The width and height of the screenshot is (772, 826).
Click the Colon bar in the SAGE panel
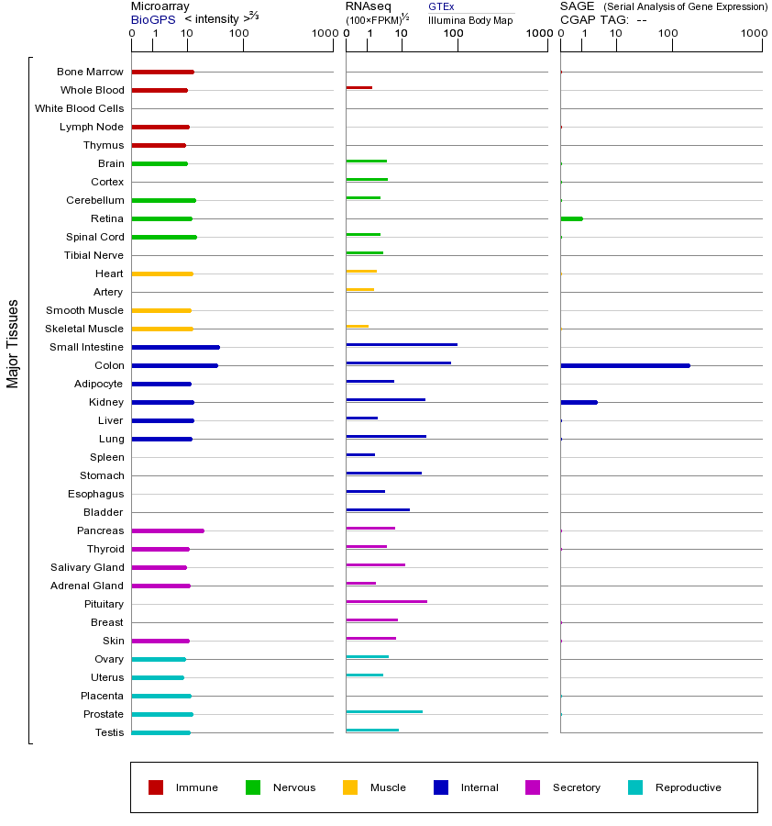pos(624,365)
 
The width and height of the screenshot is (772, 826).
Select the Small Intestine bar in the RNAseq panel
pos(402,344)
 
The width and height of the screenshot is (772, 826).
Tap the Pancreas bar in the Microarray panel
pos(168,530)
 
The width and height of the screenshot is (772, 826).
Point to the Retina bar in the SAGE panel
pos(571,218)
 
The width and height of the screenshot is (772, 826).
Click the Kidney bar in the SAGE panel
pos(579,402)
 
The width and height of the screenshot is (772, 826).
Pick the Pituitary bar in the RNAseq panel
pos(386,601)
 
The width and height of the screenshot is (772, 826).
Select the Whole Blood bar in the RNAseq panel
pos(358,87)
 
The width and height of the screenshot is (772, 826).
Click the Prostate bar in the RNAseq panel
pos(384,711)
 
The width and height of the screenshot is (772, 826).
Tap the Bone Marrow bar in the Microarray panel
pos(162,72)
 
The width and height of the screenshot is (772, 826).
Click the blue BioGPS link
pos(149,19)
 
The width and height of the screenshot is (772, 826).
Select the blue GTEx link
pos(441,6)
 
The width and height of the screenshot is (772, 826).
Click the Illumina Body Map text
pos(470,19)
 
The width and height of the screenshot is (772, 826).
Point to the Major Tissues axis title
pos(13,343)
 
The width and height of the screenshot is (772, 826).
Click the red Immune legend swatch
pos(156,787)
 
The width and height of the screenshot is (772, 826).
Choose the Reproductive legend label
pos(688,787)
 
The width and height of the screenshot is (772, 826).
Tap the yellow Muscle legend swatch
pos(350,787)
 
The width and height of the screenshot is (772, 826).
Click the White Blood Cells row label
pos(79,108)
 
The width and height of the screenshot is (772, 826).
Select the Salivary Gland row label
pos(86,567)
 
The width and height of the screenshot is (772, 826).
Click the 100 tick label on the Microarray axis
pos(239,34)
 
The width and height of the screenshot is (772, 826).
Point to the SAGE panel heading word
pos(576,6)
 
